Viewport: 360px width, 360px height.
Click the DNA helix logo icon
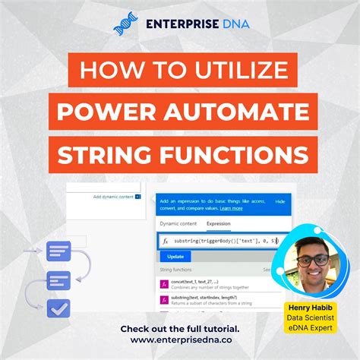(124, 23)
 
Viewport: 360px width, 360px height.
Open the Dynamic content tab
(178, 224)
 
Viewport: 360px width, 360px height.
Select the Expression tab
(219, 224)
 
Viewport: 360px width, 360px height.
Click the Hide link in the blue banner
(279, 201)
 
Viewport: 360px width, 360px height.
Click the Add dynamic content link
(113, 197)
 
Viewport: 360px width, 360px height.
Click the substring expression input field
(220, 241)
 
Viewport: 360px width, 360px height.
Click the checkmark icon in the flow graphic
(58, 308)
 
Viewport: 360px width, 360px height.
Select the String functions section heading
(177, 270)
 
